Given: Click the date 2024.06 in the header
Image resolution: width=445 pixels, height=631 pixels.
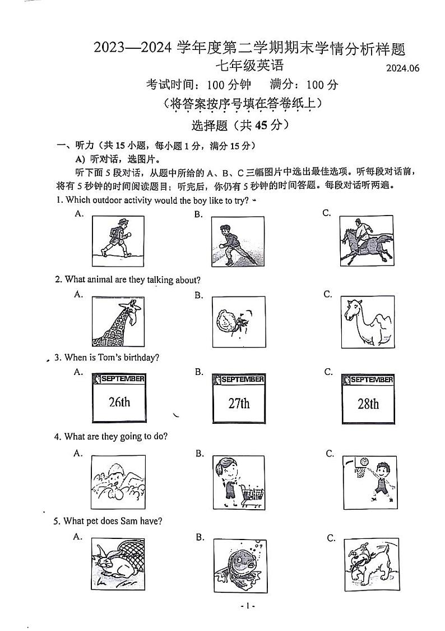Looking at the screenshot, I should pos(402,68).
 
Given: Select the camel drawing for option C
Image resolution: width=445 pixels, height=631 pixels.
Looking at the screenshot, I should pos(368,322).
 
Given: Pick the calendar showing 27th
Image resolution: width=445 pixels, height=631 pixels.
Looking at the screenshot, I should pos(239,399).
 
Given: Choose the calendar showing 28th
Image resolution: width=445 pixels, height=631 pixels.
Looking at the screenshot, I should pos(368,399).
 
